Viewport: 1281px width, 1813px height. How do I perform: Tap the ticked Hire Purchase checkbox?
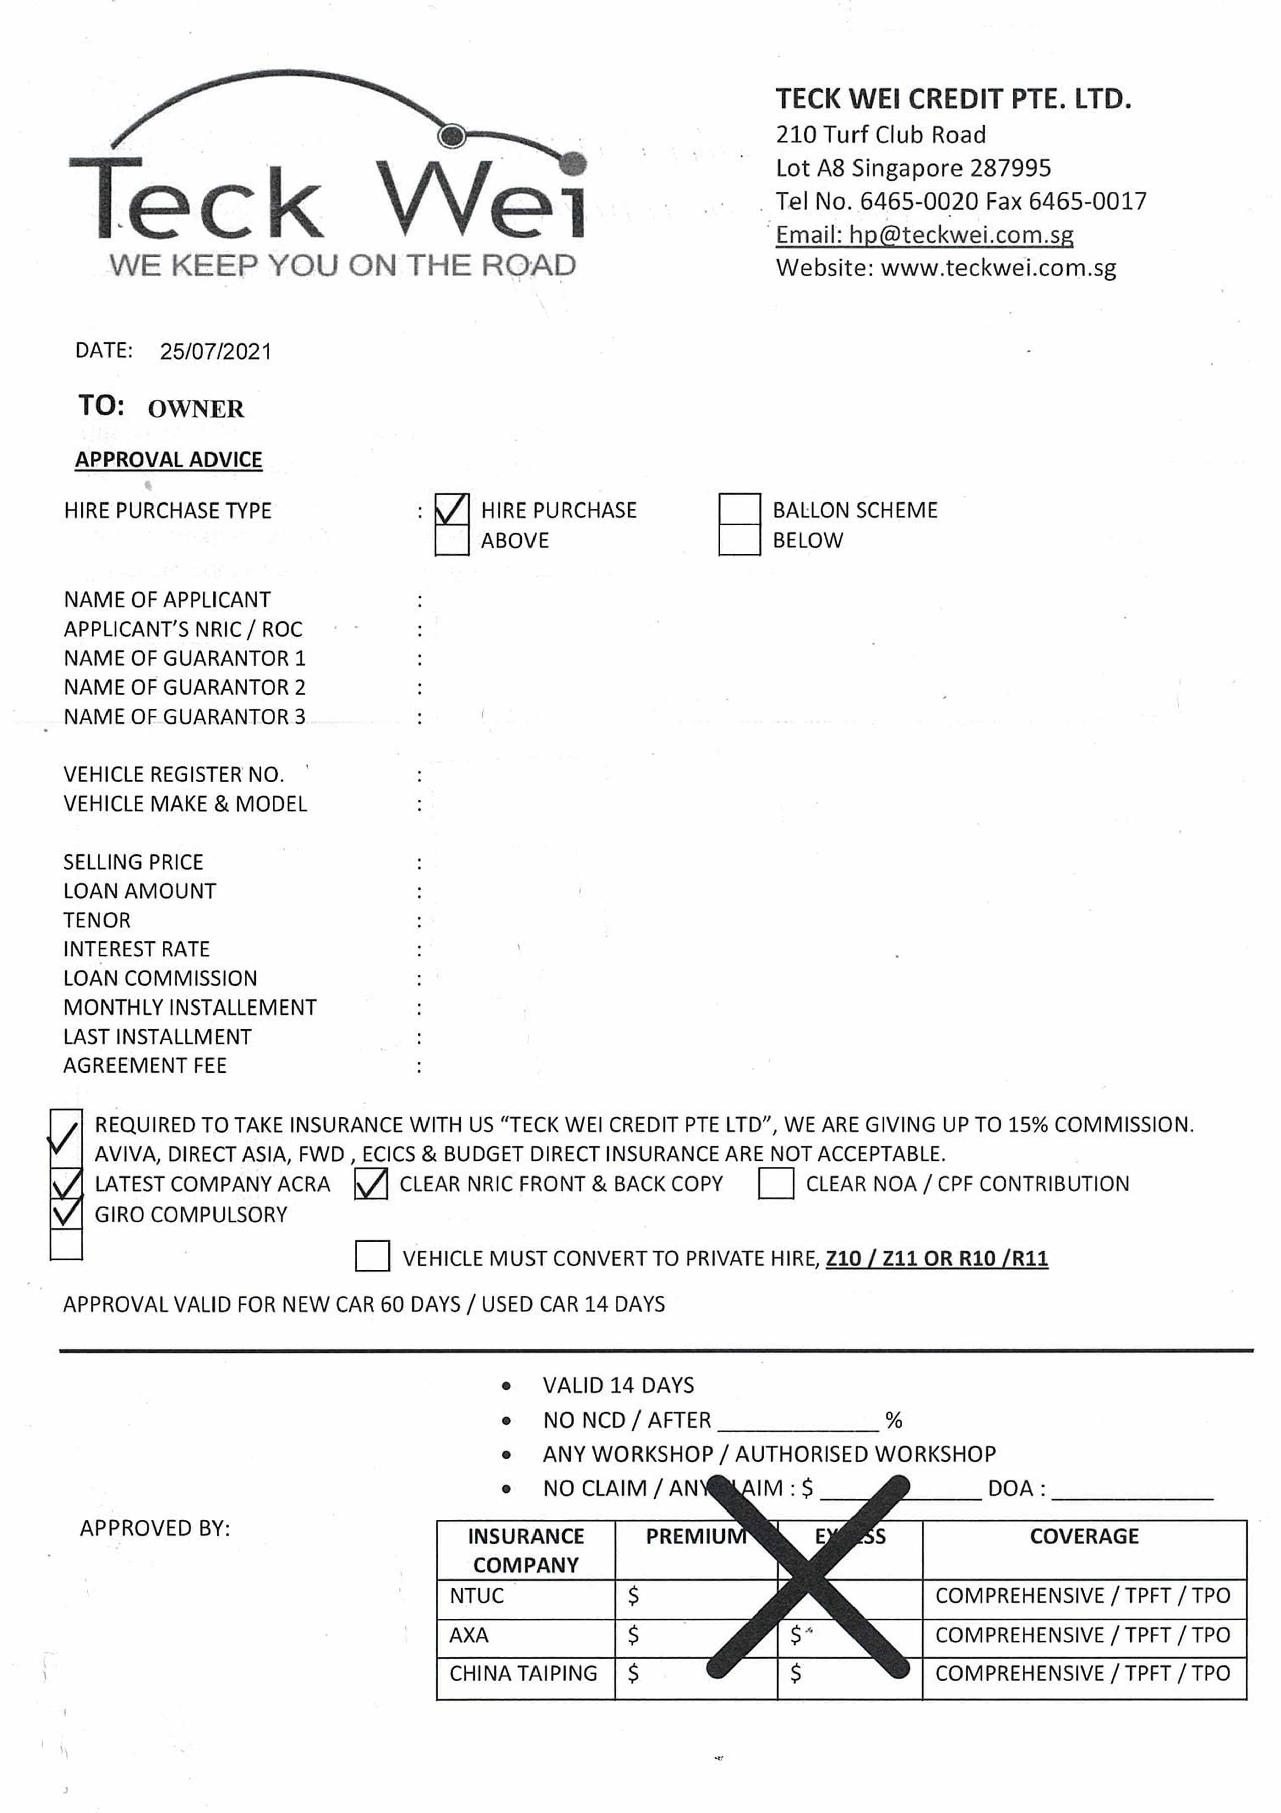(x=452, y=510)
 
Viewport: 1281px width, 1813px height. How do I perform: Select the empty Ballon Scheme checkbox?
(x=739, y=510)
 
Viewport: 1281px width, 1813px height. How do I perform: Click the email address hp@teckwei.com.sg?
(x=960, y=235)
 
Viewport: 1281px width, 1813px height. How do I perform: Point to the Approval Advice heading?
(x=168, y=460)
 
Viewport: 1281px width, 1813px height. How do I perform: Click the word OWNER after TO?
(x=196, y=409)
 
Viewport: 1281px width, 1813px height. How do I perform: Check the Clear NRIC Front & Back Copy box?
(x=371, y=1184)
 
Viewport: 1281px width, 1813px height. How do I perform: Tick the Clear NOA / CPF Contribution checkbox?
(x=775, y=1184)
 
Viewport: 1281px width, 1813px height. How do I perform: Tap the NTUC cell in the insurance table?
(x=477, y=1596)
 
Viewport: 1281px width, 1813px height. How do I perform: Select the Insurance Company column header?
(x=525, y=1550)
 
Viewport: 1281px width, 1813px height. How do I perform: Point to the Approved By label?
(x=155, y=1528)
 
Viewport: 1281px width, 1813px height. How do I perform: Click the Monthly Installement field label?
(x=190, y=1008)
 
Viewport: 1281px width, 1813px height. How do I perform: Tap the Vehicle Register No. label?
(x=174, y=775)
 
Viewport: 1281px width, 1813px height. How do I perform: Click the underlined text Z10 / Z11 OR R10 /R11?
(x=937, y=1258)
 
